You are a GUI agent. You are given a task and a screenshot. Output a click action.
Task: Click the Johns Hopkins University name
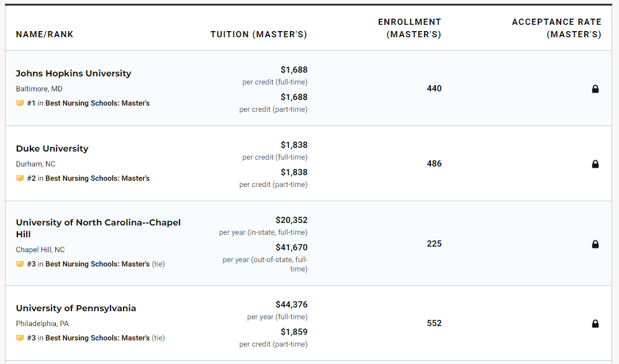pos(73,73)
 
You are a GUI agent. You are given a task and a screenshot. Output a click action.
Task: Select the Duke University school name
pos(52,148)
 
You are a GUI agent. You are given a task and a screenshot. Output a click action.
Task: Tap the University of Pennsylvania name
pos(76,308)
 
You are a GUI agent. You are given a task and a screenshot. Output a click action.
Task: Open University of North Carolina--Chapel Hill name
pos(98,228)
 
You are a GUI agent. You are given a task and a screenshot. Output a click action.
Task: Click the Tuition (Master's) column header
pos(258,34)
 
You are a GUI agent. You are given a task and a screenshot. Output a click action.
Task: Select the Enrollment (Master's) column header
pos(410,28)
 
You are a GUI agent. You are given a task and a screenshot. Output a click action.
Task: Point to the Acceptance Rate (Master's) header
pos(556,28)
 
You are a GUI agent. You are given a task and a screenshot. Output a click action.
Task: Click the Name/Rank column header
pos(45,34)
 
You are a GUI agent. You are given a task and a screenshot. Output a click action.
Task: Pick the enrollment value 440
pos(434,88)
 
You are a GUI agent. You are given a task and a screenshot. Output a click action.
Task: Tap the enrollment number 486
pos(434,163)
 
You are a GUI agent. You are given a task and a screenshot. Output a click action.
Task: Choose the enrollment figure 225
pos(434,243)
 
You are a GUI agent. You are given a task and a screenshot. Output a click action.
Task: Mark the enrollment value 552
pos(434,323)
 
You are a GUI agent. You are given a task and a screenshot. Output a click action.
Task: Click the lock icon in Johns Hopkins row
pos(595,89)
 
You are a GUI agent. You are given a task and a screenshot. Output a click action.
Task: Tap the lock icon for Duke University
pos(595,164)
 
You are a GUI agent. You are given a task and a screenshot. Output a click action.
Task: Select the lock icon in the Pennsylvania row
pos(595,324)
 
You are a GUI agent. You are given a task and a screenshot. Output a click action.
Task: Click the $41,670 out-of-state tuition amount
pos(291,247)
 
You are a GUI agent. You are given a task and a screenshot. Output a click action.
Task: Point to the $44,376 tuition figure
pos(291,304)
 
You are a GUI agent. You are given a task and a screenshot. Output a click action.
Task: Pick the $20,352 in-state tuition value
pos(291,220)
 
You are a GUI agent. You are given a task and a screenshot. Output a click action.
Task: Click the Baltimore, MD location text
pos(39,89)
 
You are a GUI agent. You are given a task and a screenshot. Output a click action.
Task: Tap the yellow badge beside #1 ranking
pos(20,103)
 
